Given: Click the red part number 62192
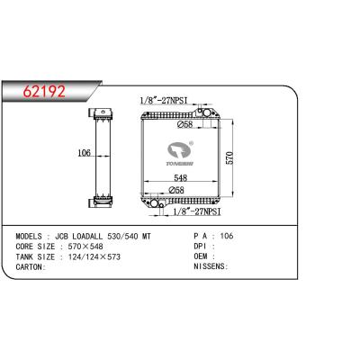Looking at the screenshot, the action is coord(44,91).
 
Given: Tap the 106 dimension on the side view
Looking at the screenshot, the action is coord(84,153).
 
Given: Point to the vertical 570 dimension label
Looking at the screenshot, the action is coord(229,157).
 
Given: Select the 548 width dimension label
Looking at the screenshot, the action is coord(181,177).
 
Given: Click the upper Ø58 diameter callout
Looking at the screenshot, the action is coord(184,124).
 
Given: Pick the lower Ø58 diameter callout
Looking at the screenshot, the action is coord(176,190).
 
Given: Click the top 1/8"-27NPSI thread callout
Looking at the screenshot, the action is coord(164,101).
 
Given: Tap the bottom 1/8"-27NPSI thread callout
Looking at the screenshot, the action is coord(197,211).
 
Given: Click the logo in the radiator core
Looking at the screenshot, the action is coord(181,153).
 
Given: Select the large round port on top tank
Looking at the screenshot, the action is coord(207,112).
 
